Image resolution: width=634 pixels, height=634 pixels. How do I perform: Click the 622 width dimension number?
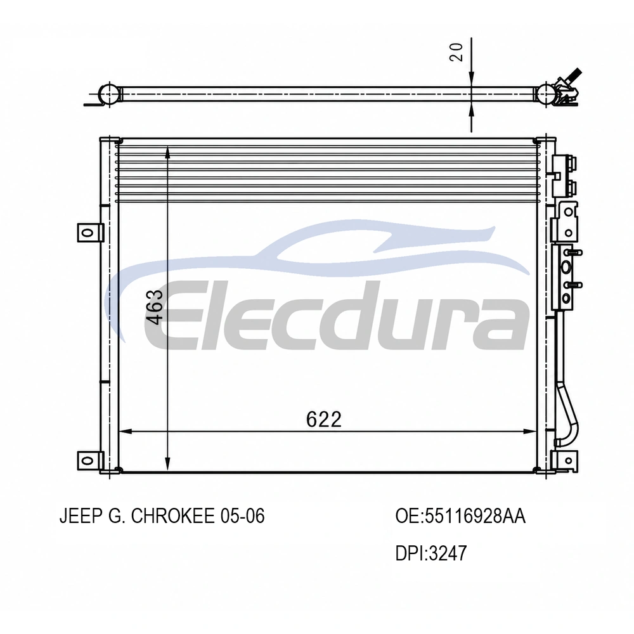[323, 419]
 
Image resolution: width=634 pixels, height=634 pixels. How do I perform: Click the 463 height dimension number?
[155, 307]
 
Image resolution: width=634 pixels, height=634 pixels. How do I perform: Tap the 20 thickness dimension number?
[456, 52]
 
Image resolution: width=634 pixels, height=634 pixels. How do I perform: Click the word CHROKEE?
[173, 516]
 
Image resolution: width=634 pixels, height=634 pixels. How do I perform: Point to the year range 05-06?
[243, 516]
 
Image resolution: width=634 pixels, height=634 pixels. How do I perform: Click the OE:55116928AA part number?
[460, 516]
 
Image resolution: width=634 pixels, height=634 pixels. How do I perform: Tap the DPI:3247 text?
[431, 553]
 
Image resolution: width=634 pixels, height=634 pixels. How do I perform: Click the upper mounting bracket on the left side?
[90, 233]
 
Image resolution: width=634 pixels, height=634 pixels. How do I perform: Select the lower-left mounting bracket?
[90, 460]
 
